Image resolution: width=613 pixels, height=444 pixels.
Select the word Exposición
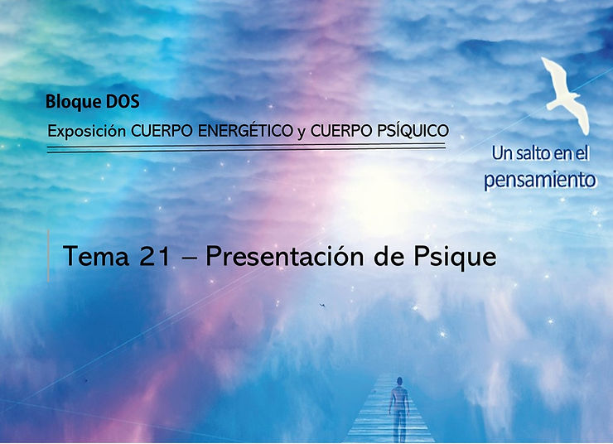tap(86, 132)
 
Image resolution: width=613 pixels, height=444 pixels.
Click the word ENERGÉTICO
tap(245, 130)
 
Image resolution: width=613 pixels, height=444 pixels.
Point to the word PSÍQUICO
tap(412, 130)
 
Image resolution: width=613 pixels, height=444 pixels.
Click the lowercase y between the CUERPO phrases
tap(301, 133)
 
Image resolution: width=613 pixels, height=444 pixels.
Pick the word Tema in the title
tap(96, 257)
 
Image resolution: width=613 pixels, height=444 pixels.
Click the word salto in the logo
tap(534, 153)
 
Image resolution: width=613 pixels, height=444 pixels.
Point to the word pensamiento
tap(540, 180)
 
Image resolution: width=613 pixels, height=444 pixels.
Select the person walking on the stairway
tap(398, 409)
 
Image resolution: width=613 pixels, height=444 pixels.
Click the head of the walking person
tap(399, 381)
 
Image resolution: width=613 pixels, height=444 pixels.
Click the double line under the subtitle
tap(246, 148)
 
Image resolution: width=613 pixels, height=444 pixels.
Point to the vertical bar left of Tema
tap(49, 256)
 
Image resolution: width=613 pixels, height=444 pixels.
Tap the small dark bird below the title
tap(322, 305)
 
